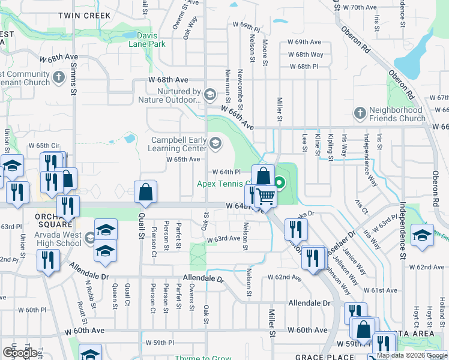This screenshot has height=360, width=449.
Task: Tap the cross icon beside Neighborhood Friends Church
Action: click(360, 113)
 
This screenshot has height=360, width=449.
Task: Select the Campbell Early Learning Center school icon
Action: click(215, 143)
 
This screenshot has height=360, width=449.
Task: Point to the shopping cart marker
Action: click(265, 196)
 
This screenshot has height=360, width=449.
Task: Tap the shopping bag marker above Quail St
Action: click(146, 192)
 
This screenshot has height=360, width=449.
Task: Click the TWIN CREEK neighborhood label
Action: click(84, 14)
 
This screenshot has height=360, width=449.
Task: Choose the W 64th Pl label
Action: click(226, 172)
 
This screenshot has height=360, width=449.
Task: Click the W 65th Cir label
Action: click(44, 145)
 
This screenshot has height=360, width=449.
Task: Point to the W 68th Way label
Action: click(306, 54)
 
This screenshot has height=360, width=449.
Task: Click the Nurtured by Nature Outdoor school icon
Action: click(210, 94)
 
